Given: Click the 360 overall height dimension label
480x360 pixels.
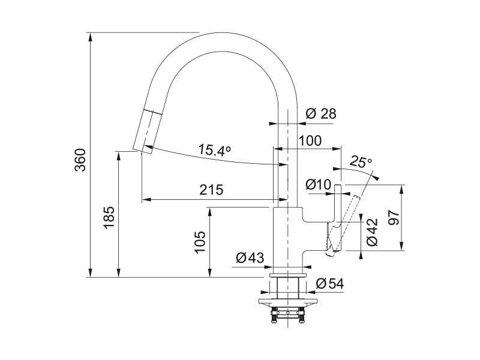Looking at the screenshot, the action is coord(80,160).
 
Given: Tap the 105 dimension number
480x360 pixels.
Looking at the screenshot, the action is coord(200,242).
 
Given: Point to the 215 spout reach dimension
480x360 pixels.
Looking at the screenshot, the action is coord(212,190).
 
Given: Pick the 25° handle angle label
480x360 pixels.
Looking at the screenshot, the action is coord(361,161).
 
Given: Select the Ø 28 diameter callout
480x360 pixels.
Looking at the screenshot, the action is coord(321,113).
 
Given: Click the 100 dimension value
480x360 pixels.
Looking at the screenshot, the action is coord(310,140).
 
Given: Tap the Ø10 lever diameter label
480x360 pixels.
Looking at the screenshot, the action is coord(319,184).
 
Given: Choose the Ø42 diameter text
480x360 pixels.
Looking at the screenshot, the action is coord(372,232).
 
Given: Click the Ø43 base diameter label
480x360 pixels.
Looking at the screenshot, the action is coord(250,258).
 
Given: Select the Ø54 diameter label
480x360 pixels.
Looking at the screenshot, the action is coord(329,284).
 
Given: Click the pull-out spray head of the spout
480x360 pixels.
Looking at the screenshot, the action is coord(148,131).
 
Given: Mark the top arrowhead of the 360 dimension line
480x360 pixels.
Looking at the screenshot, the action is coord(91,37).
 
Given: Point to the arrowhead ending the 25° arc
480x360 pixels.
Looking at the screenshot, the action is coord(376,178).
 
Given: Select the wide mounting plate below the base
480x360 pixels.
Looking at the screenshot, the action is coord(288,302).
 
